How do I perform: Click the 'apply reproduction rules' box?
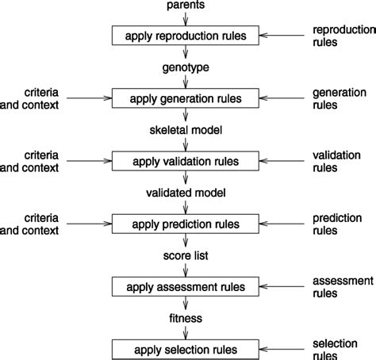184,36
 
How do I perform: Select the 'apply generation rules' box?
184,98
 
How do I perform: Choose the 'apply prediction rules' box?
184,224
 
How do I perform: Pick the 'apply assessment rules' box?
184,286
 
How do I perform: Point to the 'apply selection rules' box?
184,349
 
